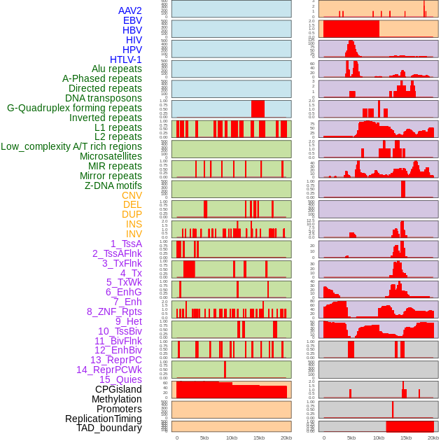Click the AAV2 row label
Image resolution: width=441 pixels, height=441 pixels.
129,10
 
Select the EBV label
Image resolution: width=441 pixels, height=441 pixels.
132,20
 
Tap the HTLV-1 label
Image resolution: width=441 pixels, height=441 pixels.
125,59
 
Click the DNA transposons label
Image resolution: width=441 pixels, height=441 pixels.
104,98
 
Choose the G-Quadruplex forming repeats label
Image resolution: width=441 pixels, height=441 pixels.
74,108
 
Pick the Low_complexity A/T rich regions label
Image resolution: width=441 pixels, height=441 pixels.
71,146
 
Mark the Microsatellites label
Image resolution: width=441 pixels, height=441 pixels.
111,156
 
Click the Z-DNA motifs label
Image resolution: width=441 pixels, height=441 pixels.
113,185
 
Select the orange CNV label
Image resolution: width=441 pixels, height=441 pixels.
132,195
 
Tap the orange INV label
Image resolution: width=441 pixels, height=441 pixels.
134,234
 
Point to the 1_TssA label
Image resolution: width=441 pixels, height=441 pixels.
126,244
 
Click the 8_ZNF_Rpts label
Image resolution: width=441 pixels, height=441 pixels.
114,311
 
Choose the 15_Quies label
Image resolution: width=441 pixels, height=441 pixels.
120,379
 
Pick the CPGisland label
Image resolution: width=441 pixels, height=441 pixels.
118,389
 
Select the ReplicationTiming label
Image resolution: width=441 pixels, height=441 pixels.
104,419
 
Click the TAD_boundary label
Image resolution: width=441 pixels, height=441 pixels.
109,428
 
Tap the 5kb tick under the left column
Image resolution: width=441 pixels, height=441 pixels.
204,437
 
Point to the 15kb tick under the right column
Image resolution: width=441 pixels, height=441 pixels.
406,437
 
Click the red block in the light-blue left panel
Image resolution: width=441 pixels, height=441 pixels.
258,108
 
